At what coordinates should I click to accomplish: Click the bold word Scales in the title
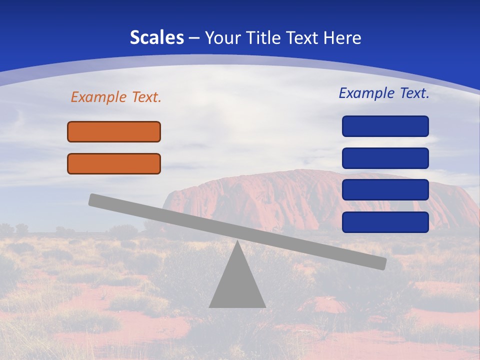click(156, 37)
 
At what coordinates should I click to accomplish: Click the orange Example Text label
click(116, 97)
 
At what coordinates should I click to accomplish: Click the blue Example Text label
click(384, 93)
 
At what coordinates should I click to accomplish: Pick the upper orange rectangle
click(114, 131)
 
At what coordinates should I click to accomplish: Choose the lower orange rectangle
click(114, 163)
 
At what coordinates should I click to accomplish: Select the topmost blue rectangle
click(385, 126)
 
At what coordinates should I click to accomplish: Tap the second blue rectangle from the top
click(385, 158)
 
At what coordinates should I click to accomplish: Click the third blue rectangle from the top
click(385, 189)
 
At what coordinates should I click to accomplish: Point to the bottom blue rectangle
click(385, 222)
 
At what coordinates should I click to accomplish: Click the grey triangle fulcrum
click(237, 285)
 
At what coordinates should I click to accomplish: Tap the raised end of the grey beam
click(95, 200)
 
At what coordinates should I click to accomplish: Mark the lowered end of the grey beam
click(380, 263)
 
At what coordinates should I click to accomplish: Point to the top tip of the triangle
click(237, 242)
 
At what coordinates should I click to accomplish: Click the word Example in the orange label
click(99, 97)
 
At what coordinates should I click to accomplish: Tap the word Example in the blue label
click(367, 93)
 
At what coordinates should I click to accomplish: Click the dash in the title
click(194, 37)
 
